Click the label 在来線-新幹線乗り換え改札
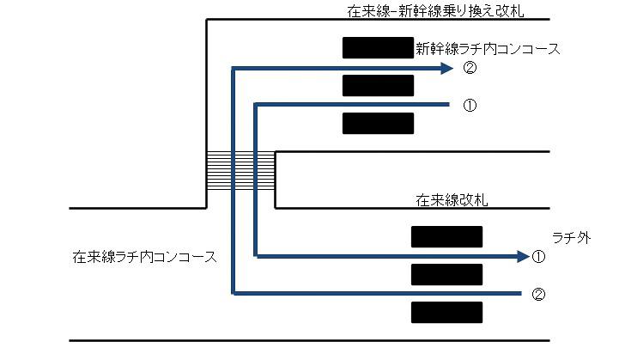click(435, 12)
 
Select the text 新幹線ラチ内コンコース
click(488, 49)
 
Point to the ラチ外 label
click(571, 238)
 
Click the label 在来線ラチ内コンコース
click(145, 256)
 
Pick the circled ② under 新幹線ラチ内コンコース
click(469, 69)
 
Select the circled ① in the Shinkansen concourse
click(469, 106)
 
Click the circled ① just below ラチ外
click(538, 256)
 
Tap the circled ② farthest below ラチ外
click(538, 294)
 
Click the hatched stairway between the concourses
click(240, 171)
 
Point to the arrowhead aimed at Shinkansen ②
click(446, 69)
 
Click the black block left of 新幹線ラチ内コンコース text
click(377, 48)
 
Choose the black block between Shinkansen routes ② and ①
click(378, 86)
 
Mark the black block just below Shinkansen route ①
click(378, 124)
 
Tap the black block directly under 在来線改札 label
click(446, 236)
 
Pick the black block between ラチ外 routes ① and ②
click(446, 274)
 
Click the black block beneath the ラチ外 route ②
click(446, 312)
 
